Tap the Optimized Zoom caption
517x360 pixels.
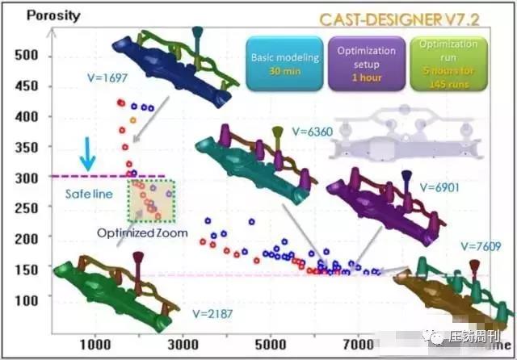142,232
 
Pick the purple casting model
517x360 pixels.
380,206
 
